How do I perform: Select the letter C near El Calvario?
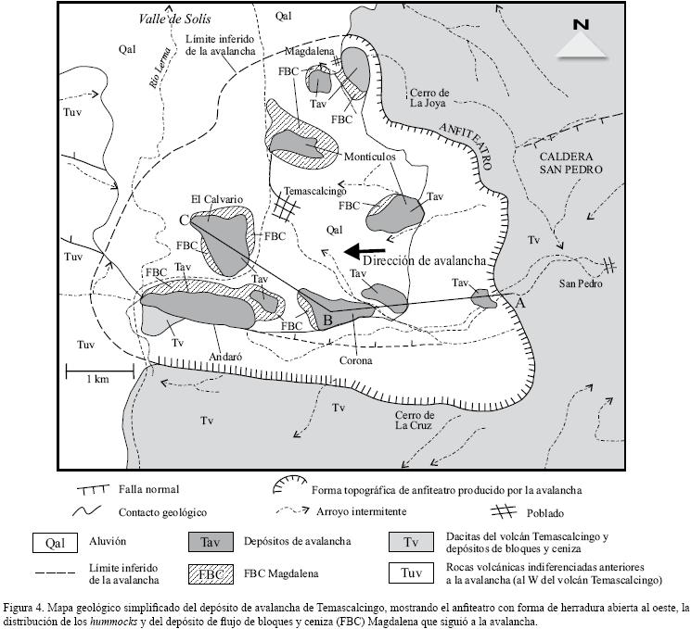(186, 220)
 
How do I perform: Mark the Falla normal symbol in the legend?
(87, 489)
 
